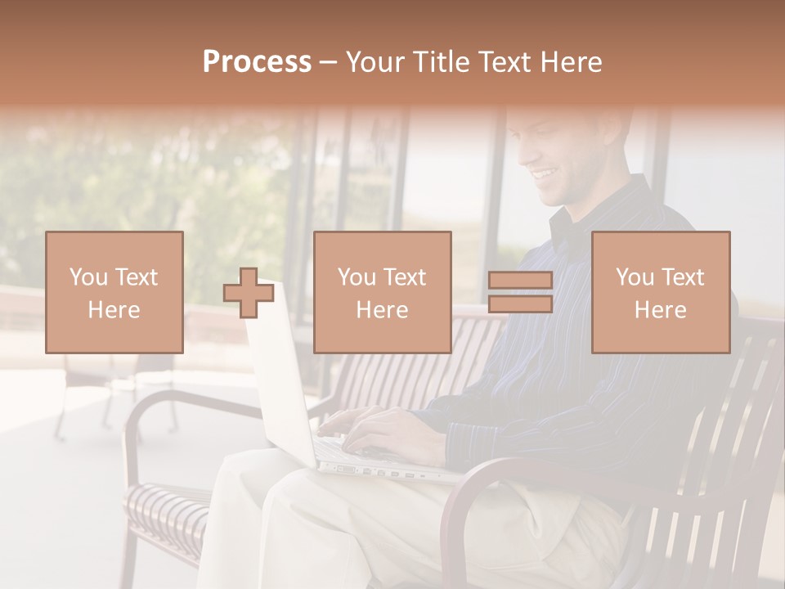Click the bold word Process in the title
pyautogui.click(x=257, y=62)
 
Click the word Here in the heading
pyautogui.click(x=570, y=62)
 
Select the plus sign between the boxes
pyautogui.click(x=249, y=293)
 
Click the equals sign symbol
pyautogui.click(x=520, y=293)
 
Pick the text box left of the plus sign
pyautogui.click(x=114, y=293)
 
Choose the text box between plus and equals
pyautogui.click(x=383, y=293)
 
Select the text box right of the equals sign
pyautogui.click(x=661, y=293)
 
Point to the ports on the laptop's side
pyautogui.click(x=384, y=471)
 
